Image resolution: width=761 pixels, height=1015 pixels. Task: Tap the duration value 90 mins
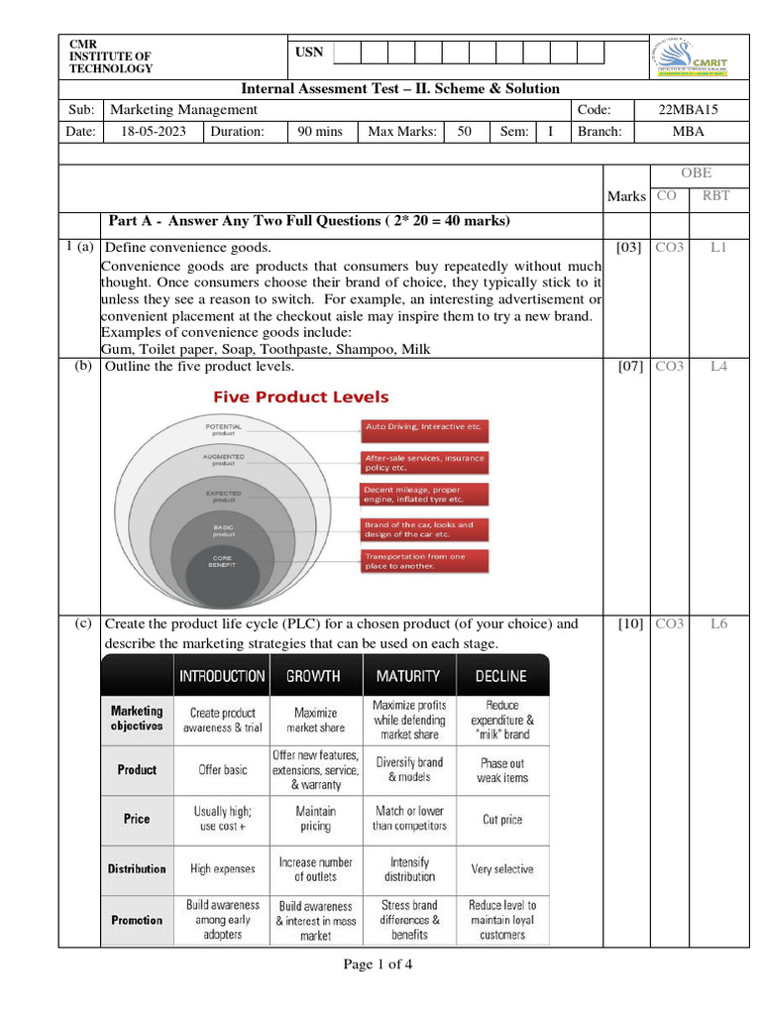(320, 131)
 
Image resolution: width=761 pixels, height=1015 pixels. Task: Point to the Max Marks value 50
(464, 131)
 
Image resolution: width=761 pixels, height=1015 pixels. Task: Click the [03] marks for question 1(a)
(628, 247)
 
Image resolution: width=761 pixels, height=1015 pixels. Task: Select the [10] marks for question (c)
(628, 623)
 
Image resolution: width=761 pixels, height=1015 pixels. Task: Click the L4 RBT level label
(718, 366)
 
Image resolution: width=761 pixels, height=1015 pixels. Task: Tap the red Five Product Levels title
(301, 396)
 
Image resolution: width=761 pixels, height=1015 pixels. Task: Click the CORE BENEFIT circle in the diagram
(221, 561)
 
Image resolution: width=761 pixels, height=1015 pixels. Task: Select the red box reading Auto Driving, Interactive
(424, 426)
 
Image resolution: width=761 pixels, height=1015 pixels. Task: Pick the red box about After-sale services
(424, 462)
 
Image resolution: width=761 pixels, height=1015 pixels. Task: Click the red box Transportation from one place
(424, 561)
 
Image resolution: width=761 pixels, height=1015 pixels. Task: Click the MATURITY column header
(408, 676)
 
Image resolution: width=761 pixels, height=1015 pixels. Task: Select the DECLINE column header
(501, 676)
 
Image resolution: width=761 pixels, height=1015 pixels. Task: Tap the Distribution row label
(137, 868)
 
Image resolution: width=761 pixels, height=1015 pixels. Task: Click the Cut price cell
(502, 819)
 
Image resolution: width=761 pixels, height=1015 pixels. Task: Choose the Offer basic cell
(223, 769)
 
